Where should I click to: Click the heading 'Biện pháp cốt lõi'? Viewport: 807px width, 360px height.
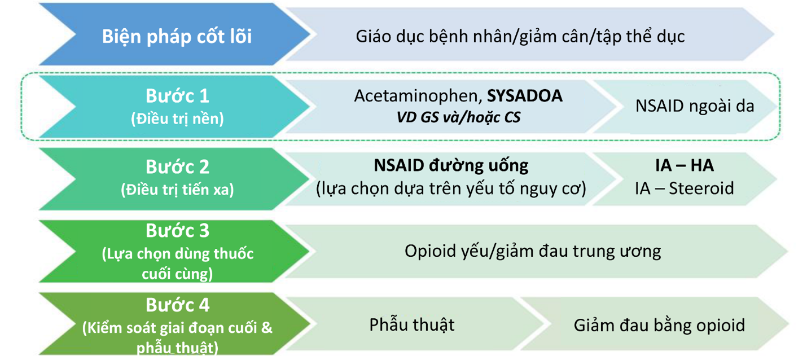(177, 37)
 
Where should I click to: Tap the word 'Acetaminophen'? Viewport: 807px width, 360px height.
(418, 96)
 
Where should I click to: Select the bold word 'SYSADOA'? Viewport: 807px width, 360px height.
(525, 96)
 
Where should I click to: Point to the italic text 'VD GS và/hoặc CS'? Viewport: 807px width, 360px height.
(459, 117)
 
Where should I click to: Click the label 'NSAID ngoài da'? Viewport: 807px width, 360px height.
(695, 106)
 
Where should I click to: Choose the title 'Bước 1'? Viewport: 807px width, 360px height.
(177, 96)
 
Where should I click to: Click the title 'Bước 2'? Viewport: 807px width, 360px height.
(177, 167)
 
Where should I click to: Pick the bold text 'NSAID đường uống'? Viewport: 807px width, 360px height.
(451, 166)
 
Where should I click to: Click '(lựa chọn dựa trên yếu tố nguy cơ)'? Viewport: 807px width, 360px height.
(451, 189)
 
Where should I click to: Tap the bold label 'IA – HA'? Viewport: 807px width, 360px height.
(685, 165)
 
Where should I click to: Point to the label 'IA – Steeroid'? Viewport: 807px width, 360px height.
(685, 188)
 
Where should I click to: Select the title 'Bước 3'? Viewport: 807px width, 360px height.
(177, 231)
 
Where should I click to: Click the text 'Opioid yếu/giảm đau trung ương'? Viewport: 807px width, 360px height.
(533, 252)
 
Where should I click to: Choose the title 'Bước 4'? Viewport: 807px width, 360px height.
(177, 305)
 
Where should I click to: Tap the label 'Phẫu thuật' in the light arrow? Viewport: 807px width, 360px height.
(412, 325)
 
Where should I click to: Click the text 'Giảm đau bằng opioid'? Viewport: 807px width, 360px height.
(659, 326)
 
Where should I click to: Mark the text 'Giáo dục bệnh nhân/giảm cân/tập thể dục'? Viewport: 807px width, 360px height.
(520, 37)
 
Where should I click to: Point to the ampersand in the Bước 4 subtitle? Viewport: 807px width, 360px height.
(266, 328)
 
